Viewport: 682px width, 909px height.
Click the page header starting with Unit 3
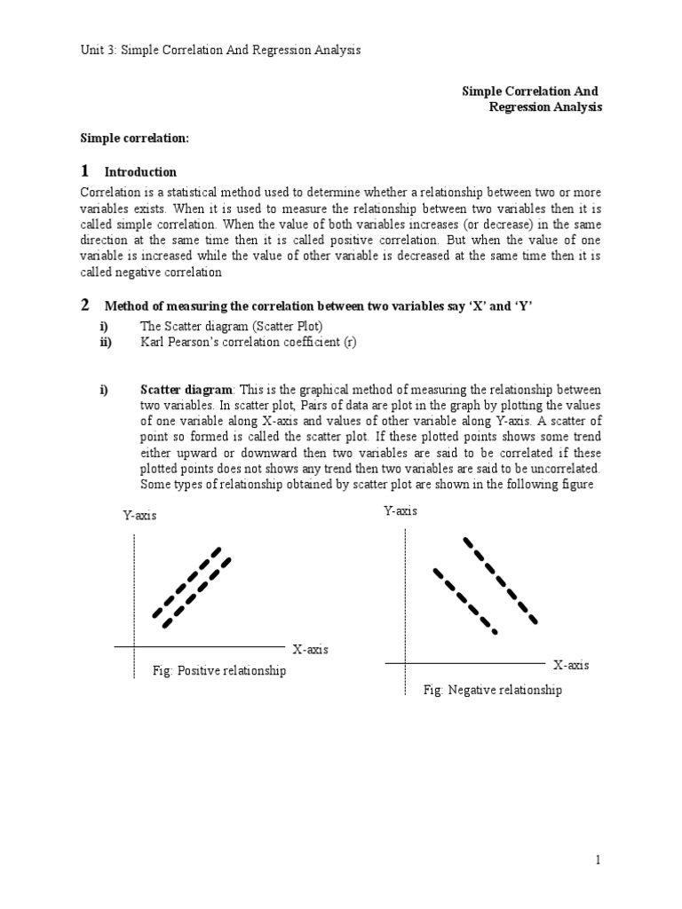(220, 51)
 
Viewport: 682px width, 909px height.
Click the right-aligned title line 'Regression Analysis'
(545, 107)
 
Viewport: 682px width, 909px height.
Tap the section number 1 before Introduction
(85, 170)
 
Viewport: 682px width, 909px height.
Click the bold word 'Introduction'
(140, 172)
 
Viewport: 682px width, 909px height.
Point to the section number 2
(85, 305)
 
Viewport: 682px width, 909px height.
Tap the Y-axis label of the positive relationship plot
(140, 516)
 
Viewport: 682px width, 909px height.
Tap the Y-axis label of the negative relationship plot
(400, 511)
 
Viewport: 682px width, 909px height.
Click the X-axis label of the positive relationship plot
(309, 650)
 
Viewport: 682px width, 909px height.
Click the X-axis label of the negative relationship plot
(571, 665)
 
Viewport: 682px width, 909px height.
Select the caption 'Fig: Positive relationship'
(218, 671)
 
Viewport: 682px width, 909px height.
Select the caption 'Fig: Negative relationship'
(492, 690)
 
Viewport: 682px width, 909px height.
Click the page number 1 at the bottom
(599, 860)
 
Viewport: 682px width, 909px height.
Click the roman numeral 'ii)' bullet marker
(106, 343)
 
